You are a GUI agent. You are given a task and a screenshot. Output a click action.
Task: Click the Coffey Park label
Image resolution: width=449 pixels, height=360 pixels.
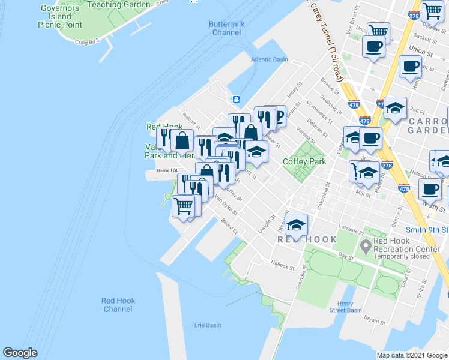click(304, 161)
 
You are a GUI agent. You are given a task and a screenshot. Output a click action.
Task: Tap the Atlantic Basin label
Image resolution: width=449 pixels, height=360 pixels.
click(270, 59)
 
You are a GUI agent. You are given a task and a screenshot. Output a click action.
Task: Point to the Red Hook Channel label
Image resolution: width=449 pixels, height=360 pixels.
click(118, 305)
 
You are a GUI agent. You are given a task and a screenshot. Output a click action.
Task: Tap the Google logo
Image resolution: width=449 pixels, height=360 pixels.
click(20, 353)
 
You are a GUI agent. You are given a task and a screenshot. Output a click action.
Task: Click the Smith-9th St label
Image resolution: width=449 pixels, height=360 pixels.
click(426, 229)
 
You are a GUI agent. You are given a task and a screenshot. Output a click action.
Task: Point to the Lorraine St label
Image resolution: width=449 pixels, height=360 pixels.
click(352, 229)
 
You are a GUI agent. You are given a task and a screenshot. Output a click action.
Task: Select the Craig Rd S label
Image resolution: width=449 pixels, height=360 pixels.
click(86, 43)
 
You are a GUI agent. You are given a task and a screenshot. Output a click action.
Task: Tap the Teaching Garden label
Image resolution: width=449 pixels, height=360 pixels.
click(119, 5)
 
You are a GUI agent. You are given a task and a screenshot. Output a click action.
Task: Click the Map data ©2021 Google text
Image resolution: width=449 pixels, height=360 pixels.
click(412, 355)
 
